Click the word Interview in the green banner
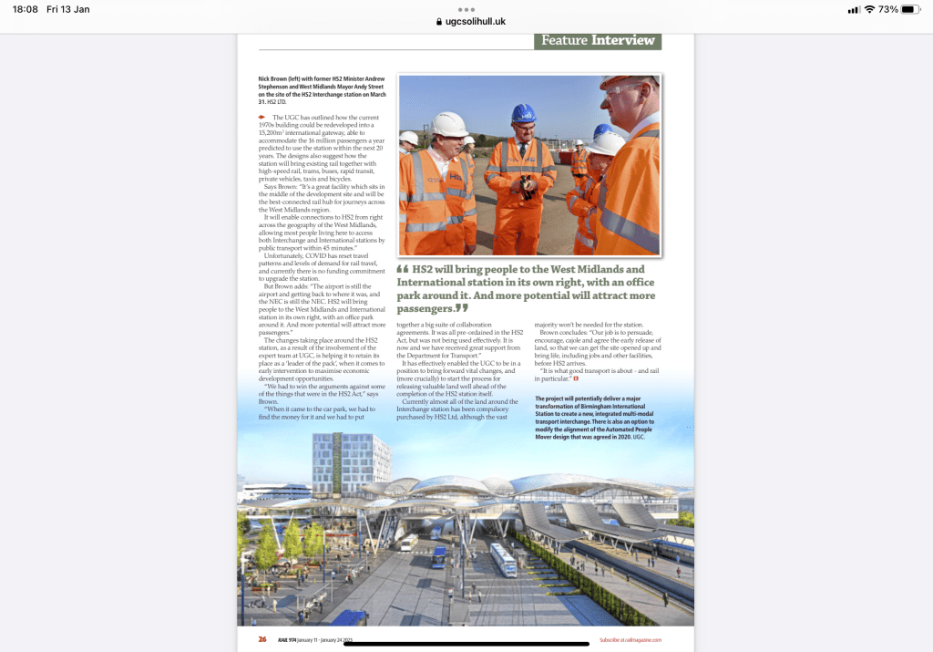623,40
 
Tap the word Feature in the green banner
564,40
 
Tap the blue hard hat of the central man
523,113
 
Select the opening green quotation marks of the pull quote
403,269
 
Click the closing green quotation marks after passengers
462,309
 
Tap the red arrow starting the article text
262,118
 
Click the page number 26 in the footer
262,639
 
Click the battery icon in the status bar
913,9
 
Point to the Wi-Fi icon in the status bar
869,9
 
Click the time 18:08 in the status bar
26,9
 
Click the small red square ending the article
576,378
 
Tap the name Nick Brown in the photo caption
275,79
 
